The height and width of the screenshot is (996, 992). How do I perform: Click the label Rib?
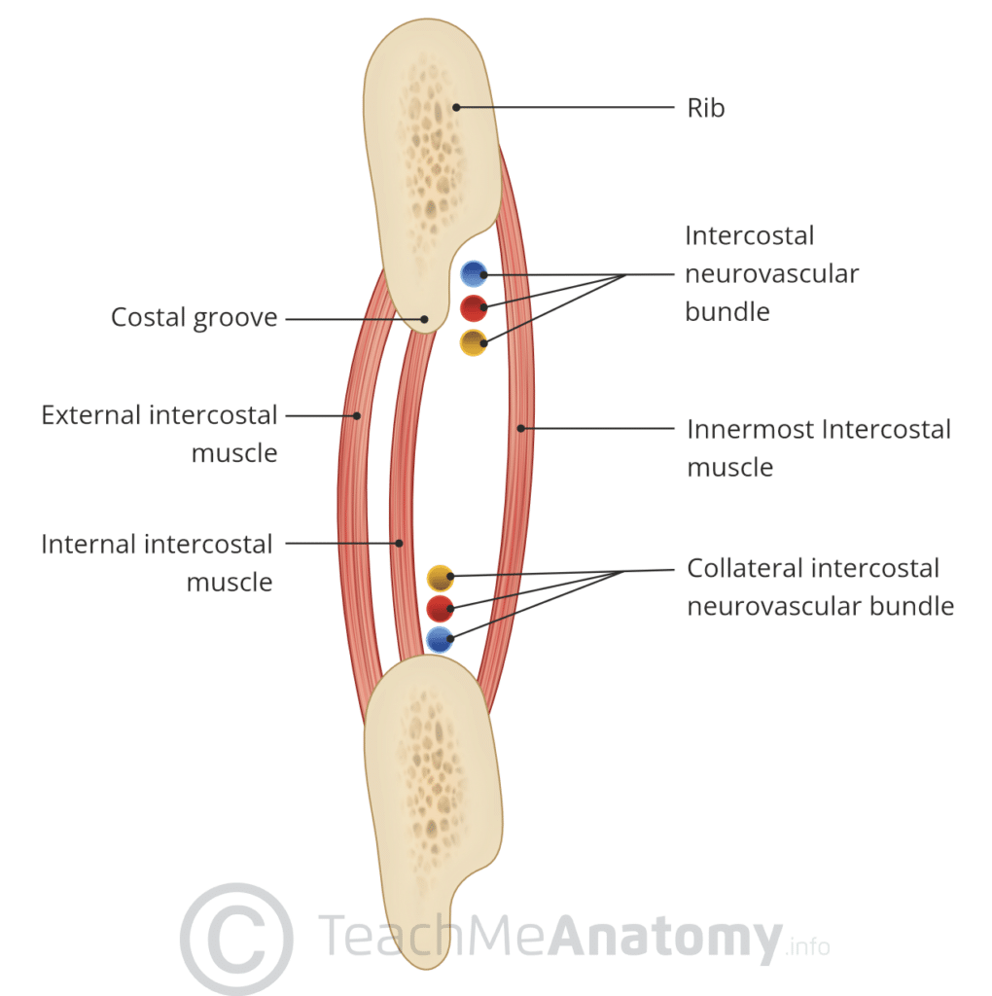pos(706,107)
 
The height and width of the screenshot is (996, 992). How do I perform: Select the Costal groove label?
pos(194,317)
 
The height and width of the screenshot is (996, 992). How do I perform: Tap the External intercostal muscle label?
pos(159,434)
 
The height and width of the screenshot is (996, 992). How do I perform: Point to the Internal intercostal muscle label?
pos(158,562)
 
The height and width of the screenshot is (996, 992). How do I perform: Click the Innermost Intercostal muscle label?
pos(819,447)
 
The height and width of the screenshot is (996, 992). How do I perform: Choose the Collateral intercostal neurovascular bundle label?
pos(820,587)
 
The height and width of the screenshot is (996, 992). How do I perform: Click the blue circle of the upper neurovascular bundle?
pos(474,274)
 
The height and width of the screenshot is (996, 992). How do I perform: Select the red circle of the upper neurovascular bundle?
pos(474,308)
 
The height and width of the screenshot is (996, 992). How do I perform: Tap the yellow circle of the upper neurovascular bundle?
pos(473,341)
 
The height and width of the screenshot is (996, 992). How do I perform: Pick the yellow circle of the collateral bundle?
pos(441,578)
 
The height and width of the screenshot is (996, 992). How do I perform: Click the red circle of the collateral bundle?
pos(440,609)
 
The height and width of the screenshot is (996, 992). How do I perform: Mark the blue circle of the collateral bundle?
pos(440,639)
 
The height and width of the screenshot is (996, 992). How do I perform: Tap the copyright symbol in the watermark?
pos(236,939)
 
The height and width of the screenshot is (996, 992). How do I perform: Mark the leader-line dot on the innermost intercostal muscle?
pos(521,427)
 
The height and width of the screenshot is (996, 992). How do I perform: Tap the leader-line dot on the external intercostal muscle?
pos(357,415)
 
